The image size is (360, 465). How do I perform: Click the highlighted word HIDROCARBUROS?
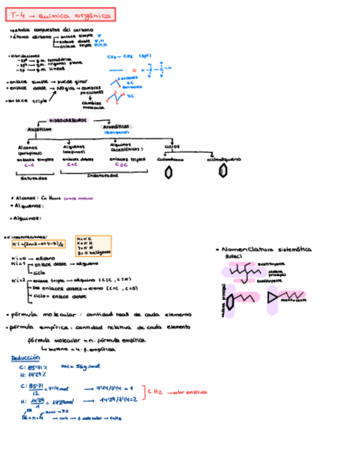[x=68, y=120]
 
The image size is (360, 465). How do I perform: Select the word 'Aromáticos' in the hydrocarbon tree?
[x=115, y=127]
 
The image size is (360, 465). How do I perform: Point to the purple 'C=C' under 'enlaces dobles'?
[x=72, y=164]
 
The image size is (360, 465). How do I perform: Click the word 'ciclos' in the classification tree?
[x=171, y=146]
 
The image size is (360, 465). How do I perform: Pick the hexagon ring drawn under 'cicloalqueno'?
[x=223, y=172]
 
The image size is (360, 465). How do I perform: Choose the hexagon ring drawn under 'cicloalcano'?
[x=169, y=173]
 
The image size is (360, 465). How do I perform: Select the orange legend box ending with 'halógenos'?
[x=94, y=246]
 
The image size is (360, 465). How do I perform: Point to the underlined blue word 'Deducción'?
[x=25, y=358]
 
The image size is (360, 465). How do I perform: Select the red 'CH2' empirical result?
[x=155, y=392]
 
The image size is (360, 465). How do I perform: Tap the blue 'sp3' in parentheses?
[x=145, y=56]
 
